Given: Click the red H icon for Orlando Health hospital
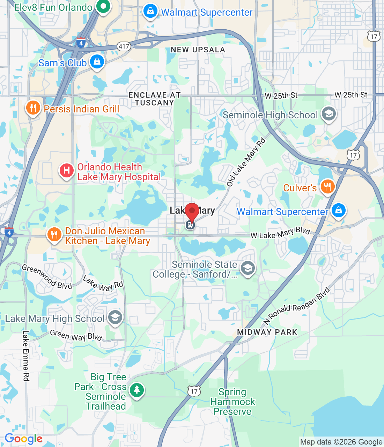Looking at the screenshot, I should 66,171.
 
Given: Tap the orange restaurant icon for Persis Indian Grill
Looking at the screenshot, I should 33,108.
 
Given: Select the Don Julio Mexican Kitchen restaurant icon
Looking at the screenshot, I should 54,235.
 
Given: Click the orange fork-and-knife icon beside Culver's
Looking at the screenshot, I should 327,187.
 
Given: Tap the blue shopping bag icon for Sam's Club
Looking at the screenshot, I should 97,62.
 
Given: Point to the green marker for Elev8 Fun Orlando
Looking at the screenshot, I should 103,6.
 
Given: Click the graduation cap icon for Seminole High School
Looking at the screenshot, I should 328,114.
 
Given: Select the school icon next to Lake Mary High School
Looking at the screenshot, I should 115,317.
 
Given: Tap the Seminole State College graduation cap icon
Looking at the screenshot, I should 248,268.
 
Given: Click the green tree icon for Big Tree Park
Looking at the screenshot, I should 136,390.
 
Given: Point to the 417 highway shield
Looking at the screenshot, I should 124,46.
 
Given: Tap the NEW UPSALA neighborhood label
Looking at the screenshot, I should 198,50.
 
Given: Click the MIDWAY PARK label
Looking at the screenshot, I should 267,332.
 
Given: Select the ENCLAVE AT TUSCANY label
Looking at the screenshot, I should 154,99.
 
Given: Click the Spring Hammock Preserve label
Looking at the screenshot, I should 232,402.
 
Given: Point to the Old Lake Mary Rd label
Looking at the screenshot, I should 246,162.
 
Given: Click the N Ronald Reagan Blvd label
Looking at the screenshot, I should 297,306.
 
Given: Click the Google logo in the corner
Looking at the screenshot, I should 23,439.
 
